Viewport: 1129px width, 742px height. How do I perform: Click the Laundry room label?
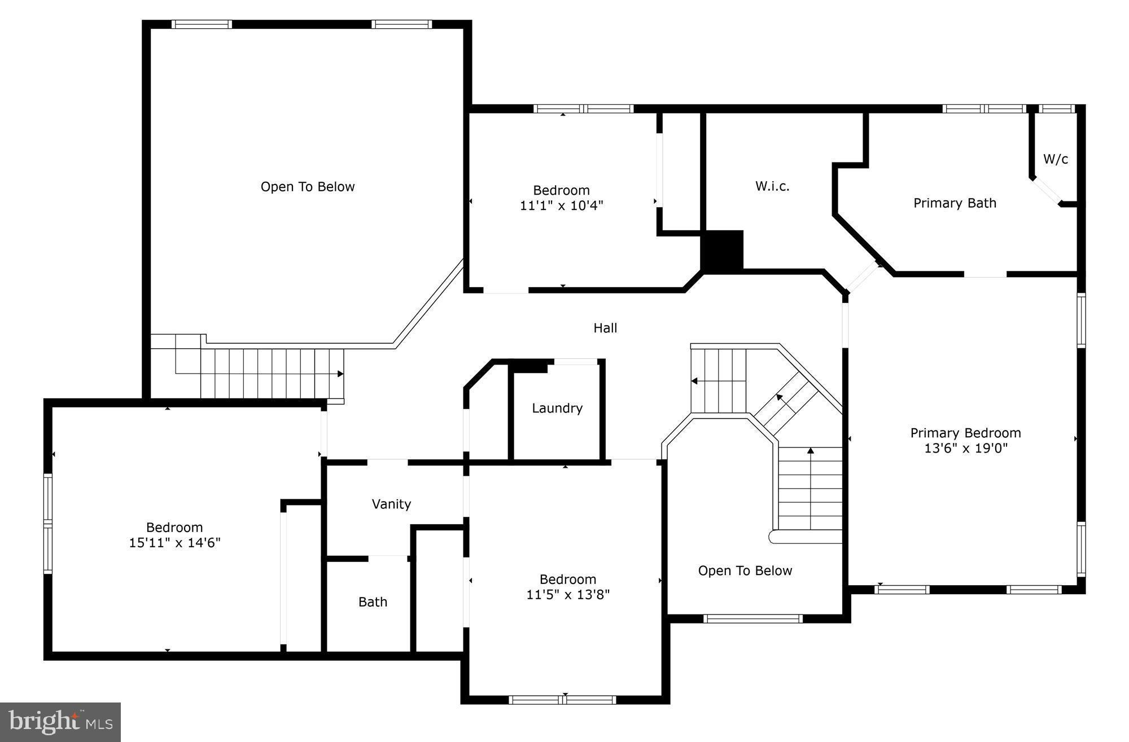pyautogui.click(x=557, y=408)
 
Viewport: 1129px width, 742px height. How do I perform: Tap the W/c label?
pyautogui.click(x=1055, y=159)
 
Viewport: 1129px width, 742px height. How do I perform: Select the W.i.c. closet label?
pyautogui.click(x=772, y=186)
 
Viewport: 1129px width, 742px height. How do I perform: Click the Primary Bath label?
pyautogui.click(x=955, y=203)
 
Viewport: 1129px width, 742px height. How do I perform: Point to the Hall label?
pyautogui.click(x=605, y=328)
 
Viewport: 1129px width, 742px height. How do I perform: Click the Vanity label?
pyautogui.click(x=391, y=504)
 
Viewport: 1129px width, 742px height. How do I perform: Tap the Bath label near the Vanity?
pyautogui.click(x=373, y=602)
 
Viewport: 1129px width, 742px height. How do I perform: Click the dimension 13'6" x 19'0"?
pyautogui.click(x=965, y=449)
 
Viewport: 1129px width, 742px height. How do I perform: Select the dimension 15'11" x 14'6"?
pyautogui.click(x=174, y=543)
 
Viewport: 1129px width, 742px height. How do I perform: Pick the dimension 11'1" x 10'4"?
pyautogui.click(x=561, y=205)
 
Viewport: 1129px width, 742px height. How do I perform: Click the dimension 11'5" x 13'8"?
pyautogui.click(x=568, y=595)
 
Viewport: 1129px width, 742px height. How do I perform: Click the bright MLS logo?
pyautogui.click(x=60, y=722)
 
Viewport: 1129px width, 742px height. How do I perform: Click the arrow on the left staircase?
pyautogui.click(x=340, y=374)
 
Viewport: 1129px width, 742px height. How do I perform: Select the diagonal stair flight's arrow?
pyautogui.click(x=780, y=398)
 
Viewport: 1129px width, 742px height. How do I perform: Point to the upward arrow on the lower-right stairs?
pyautogui.click(x=811, y=451)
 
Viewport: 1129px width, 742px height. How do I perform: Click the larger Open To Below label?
pyautogui.click(x=308, y=187)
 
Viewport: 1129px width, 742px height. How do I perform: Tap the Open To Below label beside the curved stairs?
pyautogui.click(x=745, y=570)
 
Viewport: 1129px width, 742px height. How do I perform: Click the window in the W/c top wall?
pyautogui.click(x=1056, y=109)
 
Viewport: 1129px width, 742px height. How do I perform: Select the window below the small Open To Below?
pyautogui.click(x=753, y=619)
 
